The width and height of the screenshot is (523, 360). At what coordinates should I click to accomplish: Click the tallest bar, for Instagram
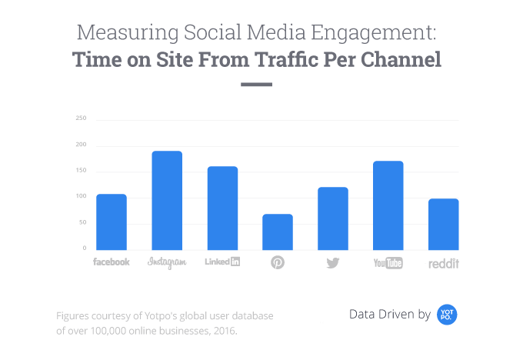167,200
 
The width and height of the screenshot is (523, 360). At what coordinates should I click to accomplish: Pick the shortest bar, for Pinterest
278,232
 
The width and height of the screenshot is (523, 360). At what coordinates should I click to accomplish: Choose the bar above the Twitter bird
333,218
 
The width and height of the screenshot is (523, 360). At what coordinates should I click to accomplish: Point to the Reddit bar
444,224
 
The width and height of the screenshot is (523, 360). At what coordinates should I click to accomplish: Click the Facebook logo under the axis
112,262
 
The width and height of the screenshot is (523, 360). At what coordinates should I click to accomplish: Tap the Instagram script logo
167,262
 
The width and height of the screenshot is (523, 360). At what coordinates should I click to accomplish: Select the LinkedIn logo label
222,262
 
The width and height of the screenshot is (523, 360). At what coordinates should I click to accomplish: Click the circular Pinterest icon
278,263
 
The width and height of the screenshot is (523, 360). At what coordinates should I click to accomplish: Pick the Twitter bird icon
333,263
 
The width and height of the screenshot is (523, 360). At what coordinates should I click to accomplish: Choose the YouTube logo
388,263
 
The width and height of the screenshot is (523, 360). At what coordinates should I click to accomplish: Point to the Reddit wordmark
442,263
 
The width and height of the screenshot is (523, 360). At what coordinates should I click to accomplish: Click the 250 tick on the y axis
81,118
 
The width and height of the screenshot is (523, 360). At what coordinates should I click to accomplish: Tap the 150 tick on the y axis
81,171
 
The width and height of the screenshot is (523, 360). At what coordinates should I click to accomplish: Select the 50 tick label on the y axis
82,223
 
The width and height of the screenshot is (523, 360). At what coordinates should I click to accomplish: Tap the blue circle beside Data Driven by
448,314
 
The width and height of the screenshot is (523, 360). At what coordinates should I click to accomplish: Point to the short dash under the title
257,84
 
